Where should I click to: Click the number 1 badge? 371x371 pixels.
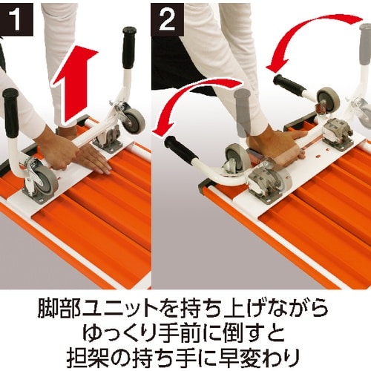pyautogui.click(x=16, y=16)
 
